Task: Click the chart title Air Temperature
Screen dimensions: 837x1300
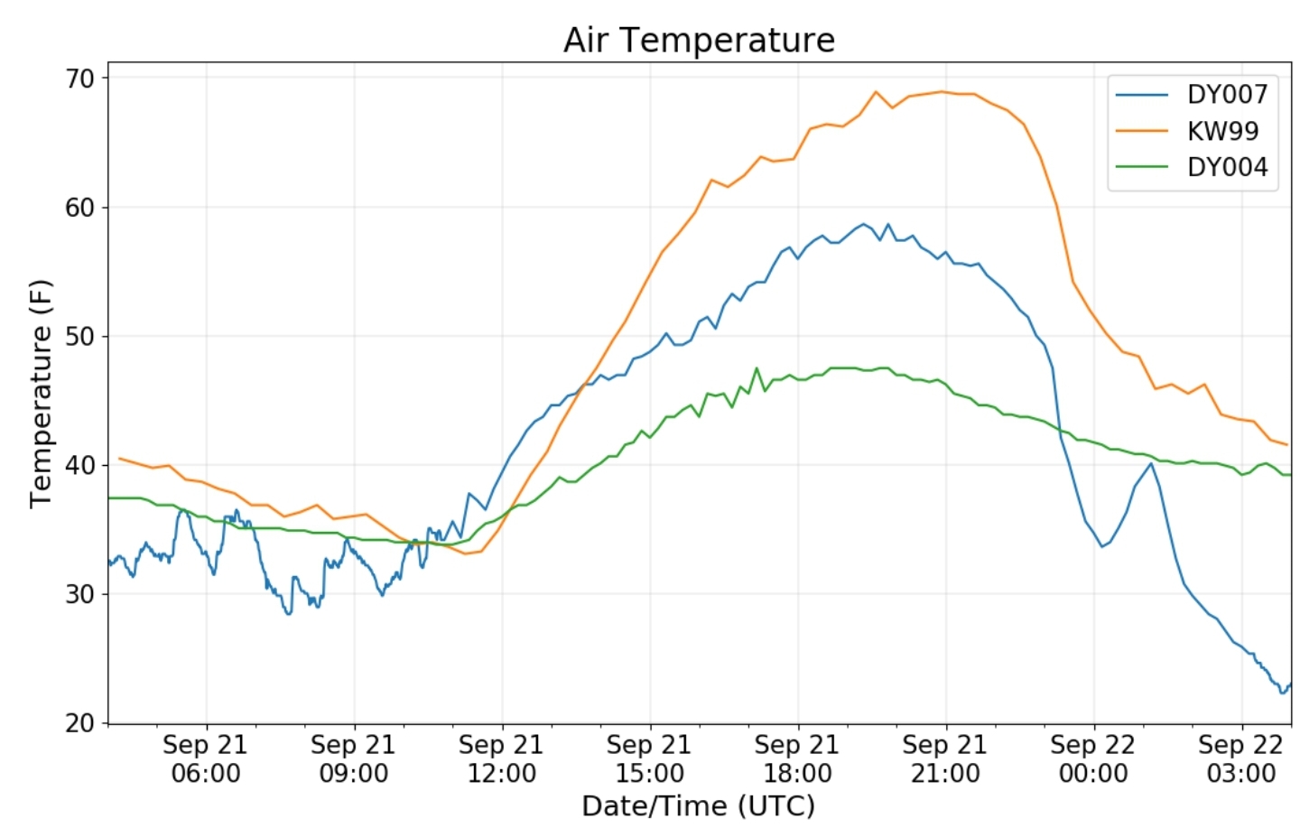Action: coord(699,40)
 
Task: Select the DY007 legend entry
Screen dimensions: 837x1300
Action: coord(1227,94)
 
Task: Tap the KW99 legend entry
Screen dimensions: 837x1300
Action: coord(1222,131)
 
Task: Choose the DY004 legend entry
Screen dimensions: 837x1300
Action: coord(1227,167)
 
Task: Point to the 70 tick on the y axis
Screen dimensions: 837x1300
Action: coord(79,79)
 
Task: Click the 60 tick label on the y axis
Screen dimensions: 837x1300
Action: coord(79,208)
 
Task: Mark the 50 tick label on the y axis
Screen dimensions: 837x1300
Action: coord(79,337)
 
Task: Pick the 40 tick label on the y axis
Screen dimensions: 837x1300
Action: coord(79,466)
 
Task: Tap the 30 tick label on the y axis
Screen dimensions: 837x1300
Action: coord(79,594)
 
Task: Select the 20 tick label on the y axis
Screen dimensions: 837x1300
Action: coord(79,723)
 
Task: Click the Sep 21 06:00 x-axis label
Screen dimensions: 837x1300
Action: coord(206,758)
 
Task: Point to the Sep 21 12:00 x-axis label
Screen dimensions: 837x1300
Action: coord(501,758)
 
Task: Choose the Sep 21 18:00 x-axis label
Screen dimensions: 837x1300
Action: coord(797,758)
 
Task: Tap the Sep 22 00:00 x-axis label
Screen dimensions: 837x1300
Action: coord(1093,758)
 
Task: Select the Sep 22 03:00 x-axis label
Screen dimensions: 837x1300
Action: coord(1241,758)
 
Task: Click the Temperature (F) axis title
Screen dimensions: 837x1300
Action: coord(41,394)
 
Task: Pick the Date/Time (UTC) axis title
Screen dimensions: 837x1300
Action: coord(698,805)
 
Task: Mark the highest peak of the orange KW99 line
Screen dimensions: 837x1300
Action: coord(875,91)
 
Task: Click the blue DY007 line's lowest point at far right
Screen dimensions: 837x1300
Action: coord(1283,693)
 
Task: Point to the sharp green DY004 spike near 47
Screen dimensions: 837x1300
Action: coord(757,368)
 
